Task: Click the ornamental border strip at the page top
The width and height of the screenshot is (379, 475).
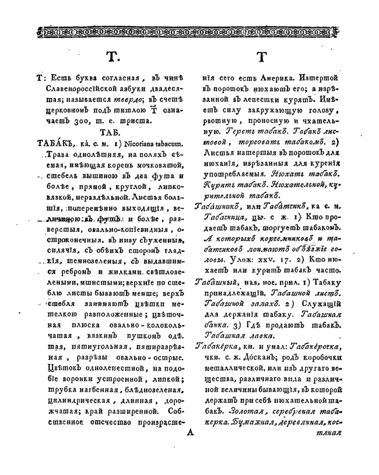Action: [189, 29]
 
